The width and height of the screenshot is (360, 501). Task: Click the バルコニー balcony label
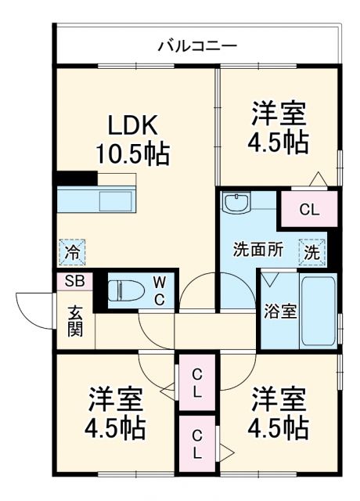197,45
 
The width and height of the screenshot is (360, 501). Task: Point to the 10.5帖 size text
132,153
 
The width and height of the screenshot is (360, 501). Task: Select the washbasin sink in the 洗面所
235,204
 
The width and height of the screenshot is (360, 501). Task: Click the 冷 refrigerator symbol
71,252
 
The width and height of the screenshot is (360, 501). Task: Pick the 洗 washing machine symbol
311,252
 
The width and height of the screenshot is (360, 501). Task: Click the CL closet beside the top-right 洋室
309,209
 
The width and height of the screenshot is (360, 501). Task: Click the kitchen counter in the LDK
95,200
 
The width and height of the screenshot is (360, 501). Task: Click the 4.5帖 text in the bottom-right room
279,428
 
